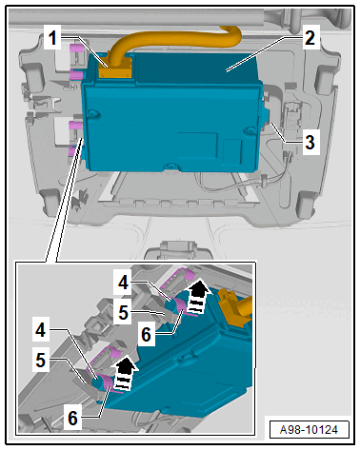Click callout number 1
click(x=52, y=37)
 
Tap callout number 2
click(x=310, y=37)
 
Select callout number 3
click(x=310, y=142)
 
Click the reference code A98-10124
click(x=309, y=430)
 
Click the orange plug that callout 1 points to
click(x=115, y=69)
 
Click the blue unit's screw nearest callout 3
click(x=250, y=130)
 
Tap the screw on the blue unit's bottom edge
click(x=171, y=166)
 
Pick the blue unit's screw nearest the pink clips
click(x=92, y=113)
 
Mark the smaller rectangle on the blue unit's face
click(x=231, y=151)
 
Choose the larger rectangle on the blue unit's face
click(x=197, y=145)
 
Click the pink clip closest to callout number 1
click(x=75, y=49)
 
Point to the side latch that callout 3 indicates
click(x=264, y=117)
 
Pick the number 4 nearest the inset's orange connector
click(x=124, y=282)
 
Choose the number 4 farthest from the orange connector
click(x=41, y=330)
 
